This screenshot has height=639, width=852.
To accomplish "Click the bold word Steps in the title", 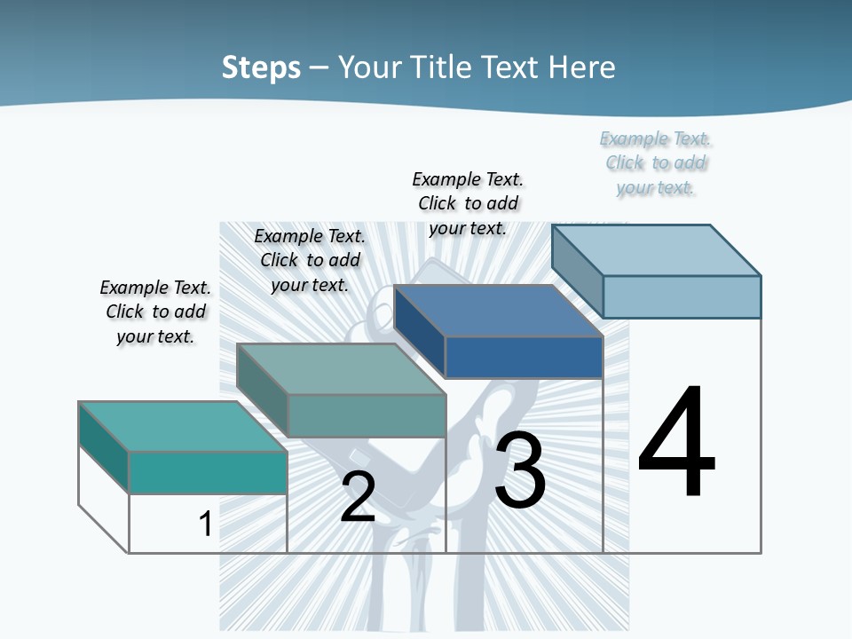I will (x=261, y=67).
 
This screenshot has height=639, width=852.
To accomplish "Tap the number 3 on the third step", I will (x=520, y=469).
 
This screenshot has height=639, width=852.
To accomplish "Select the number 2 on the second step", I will (x=358, y=496).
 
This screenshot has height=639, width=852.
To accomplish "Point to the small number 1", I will (x=205, y=524).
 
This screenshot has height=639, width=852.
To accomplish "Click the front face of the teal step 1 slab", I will (x=208, y=472).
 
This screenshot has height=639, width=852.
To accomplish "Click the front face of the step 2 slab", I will (x=367, y=415).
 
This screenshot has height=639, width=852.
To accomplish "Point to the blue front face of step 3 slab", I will (x=524, y=357).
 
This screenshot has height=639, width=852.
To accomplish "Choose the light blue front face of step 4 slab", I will (x=682, y=296).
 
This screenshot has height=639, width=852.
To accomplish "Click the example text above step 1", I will (x=155, y=312).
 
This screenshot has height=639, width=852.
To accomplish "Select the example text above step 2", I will (x=310, y=260).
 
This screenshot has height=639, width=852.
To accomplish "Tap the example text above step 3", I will (x=468, y=203).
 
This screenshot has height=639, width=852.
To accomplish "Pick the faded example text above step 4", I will (x=656, y=162).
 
